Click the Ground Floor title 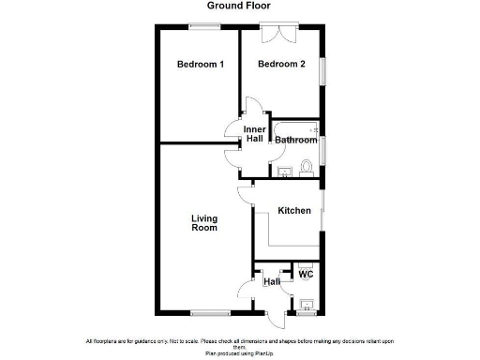[240, 6]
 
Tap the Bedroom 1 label [201, 65]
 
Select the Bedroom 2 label [282, 65]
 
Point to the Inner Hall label [254, 134]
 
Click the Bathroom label [296, 140]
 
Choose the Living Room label [204, 223]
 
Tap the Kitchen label [293, 211]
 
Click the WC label [305, 275]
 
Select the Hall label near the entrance [272, 281]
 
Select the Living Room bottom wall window [211, 311]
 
